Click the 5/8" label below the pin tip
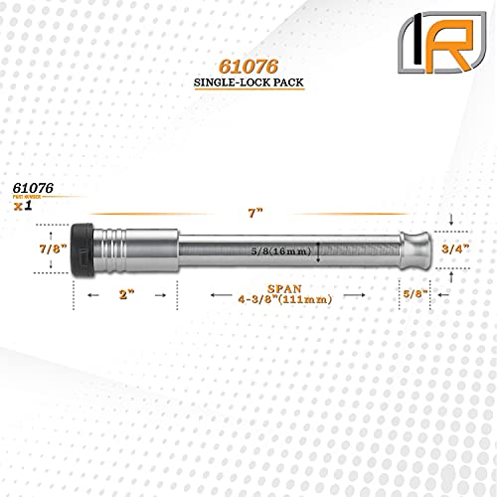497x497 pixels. pos(414,295)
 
